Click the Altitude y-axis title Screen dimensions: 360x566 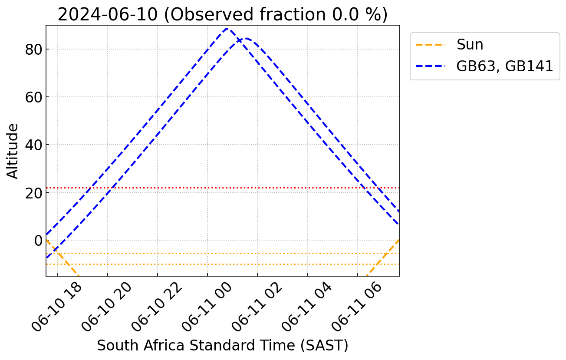click(x=13, y=151)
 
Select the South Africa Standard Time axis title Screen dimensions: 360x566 click(x=222, y=346)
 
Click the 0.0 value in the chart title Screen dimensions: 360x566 click(x=343, y=14)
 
